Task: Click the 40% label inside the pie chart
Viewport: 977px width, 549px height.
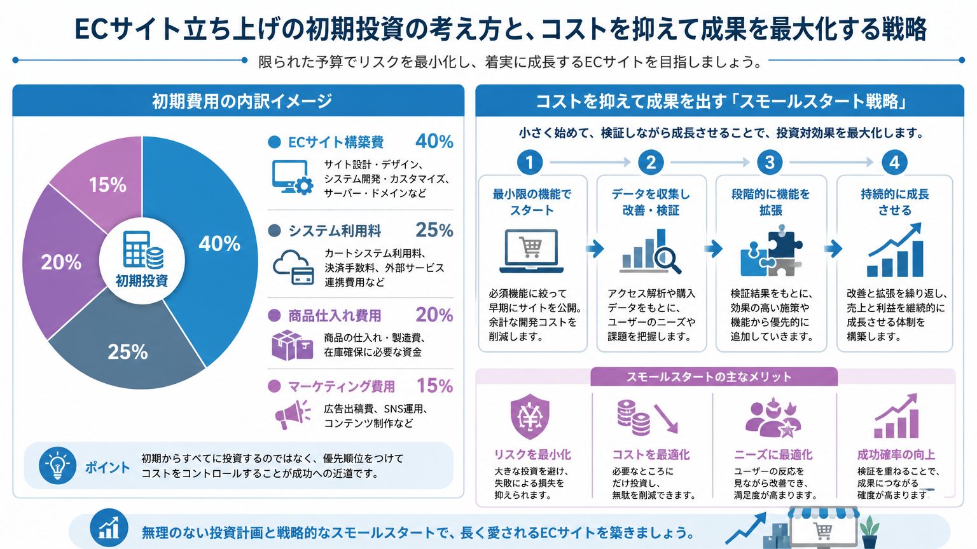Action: coord(219,243)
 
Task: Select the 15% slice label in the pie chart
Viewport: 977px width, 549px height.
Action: coord(107,185)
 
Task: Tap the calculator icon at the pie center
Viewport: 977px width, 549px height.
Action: coord(143,250)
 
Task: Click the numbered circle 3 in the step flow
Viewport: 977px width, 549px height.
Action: coord(770,163)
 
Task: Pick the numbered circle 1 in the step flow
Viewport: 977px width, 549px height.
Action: coord(530,163)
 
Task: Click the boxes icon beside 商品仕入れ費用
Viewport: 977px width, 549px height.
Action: coord(292,345)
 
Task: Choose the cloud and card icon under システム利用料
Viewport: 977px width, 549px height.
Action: coord(293,267)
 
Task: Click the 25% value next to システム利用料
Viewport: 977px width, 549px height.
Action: coord(434,230)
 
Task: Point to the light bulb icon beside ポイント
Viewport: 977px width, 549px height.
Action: coord(58,465)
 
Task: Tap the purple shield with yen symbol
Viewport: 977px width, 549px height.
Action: coord(530,417)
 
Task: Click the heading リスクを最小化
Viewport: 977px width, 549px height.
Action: coord(532,455)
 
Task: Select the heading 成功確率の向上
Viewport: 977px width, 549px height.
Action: coord(896,455)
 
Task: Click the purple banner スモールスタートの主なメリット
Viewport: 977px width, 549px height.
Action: coord(714,377)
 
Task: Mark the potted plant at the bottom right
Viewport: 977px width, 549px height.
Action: coord(870,531)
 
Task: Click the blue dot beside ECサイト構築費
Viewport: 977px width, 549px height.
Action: coord(274,142)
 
